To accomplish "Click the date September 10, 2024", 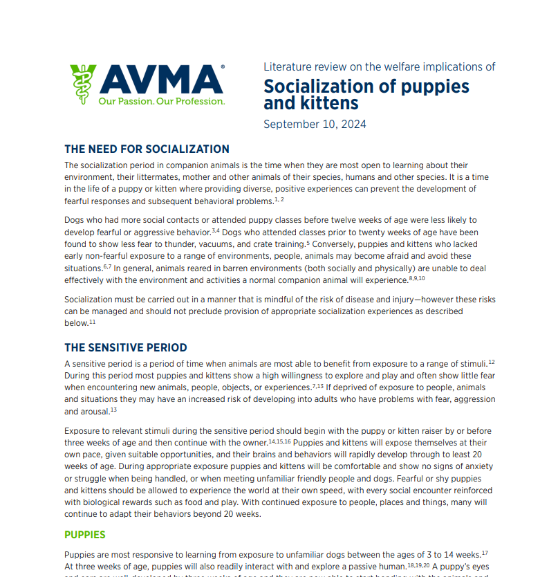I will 315,125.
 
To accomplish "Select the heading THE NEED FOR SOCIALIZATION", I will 147,149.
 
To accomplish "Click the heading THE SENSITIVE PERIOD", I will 125,347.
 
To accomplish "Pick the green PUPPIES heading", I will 84,535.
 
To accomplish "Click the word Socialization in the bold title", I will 320,87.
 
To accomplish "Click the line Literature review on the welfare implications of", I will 379,67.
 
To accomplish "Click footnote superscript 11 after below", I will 92,322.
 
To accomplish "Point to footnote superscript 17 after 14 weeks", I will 485,552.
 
